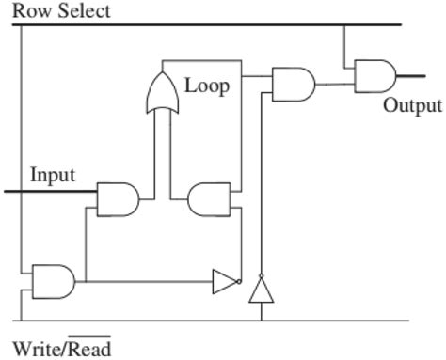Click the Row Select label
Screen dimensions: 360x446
coord(61,10)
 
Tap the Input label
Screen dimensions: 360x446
coord(53,175)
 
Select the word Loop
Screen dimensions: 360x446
coord(206,86)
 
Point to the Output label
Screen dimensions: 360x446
coord(412,104)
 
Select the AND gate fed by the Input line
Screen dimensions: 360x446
coord(118,199)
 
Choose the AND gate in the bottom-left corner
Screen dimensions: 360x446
coord(53,280)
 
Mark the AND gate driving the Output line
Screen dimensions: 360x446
coord(374,75)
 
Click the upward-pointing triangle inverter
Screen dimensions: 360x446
coord(261,290)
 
